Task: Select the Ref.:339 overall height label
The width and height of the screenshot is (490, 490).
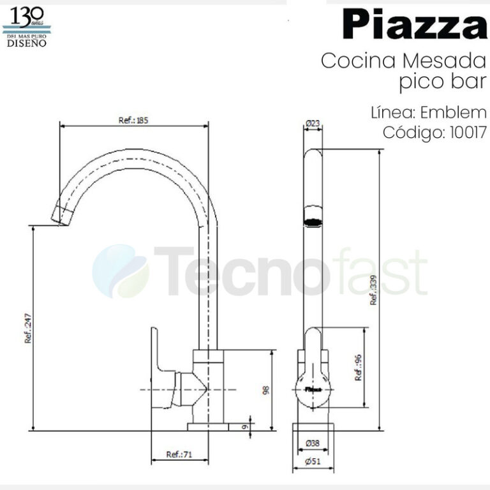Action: coord(374,293)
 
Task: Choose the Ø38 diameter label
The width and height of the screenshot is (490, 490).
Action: coord(313,443)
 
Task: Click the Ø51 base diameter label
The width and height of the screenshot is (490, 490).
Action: coord(313,462)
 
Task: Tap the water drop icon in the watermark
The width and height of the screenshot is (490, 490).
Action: coord(121,271)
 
